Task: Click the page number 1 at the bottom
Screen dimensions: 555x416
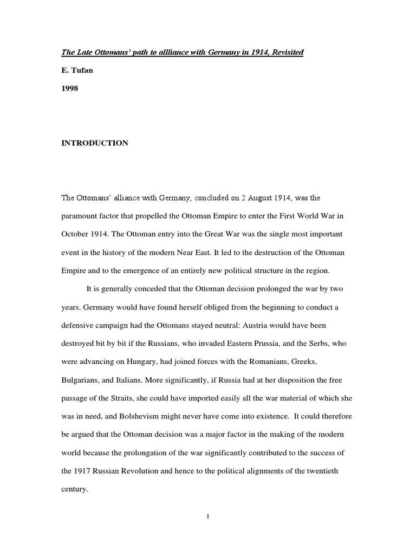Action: pos(208,517)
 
